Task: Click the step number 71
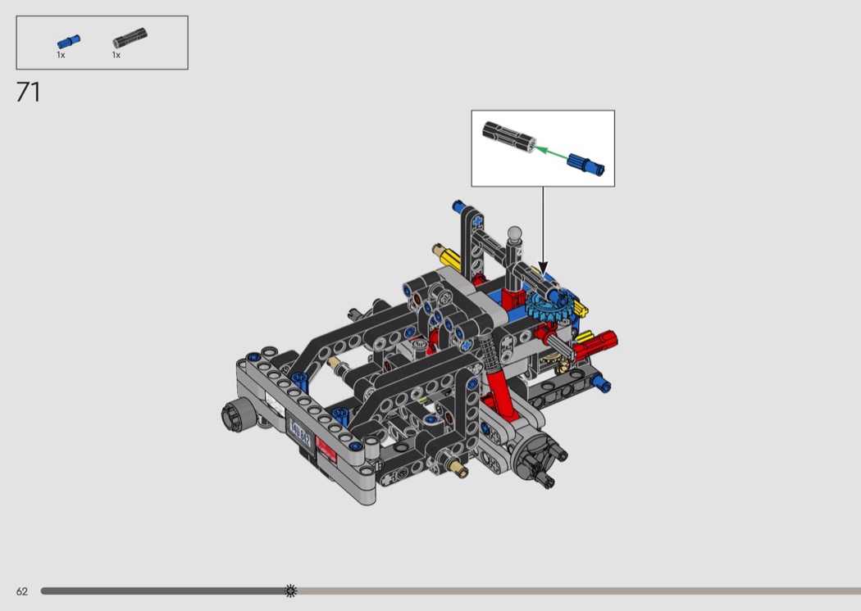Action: (x=28, y=93)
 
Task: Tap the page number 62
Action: (x=22, y=591)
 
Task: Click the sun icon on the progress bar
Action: (x=291, y=591)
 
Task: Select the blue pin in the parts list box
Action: (x=69, y=42)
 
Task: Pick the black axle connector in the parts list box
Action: (x=130, y=38)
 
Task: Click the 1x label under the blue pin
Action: (x=61, y=55)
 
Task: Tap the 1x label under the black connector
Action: (x=116, y=55)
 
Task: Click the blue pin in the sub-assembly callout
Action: (x=586, y=164)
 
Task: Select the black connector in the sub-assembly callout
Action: (x=508, y=137)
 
